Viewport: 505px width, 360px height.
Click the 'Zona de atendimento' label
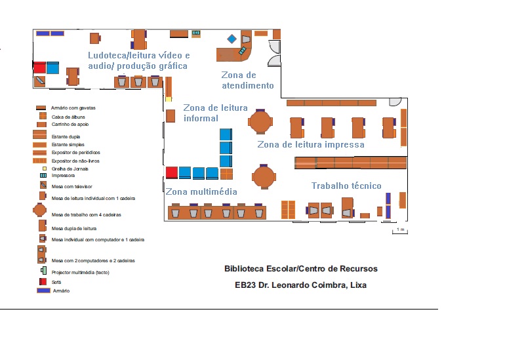(247, 80)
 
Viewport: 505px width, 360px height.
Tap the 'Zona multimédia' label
(201, 191)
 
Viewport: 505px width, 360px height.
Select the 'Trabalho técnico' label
(346, 186)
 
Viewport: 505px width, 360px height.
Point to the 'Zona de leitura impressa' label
(310, 144)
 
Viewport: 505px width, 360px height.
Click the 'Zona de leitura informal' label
(215, 113)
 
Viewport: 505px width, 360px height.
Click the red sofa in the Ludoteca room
(40, 67)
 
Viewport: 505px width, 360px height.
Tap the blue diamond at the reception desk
(232, 39)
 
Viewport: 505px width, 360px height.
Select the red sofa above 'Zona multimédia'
(172, 172)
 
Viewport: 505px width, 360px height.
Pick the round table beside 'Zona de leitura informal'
(260, 121)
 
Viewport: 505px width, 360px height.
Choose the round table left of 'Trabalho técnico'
(264, 176)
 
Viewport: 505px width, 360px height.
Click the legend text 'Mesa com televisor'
(68, 186)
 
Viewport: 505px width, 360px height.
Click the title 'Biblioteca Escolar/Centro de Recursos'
(300, 269)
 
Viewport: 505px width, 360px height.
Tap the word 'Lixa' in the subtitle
(358, 285)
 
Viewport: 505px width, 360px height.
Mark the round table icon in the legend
(39, 211)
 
